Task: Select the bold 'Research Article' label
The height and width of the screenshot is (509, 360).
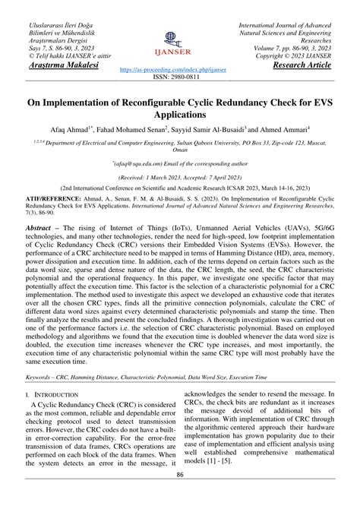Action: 302,66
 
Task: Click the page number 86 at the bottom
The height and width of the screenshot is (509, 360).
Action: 180,495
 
